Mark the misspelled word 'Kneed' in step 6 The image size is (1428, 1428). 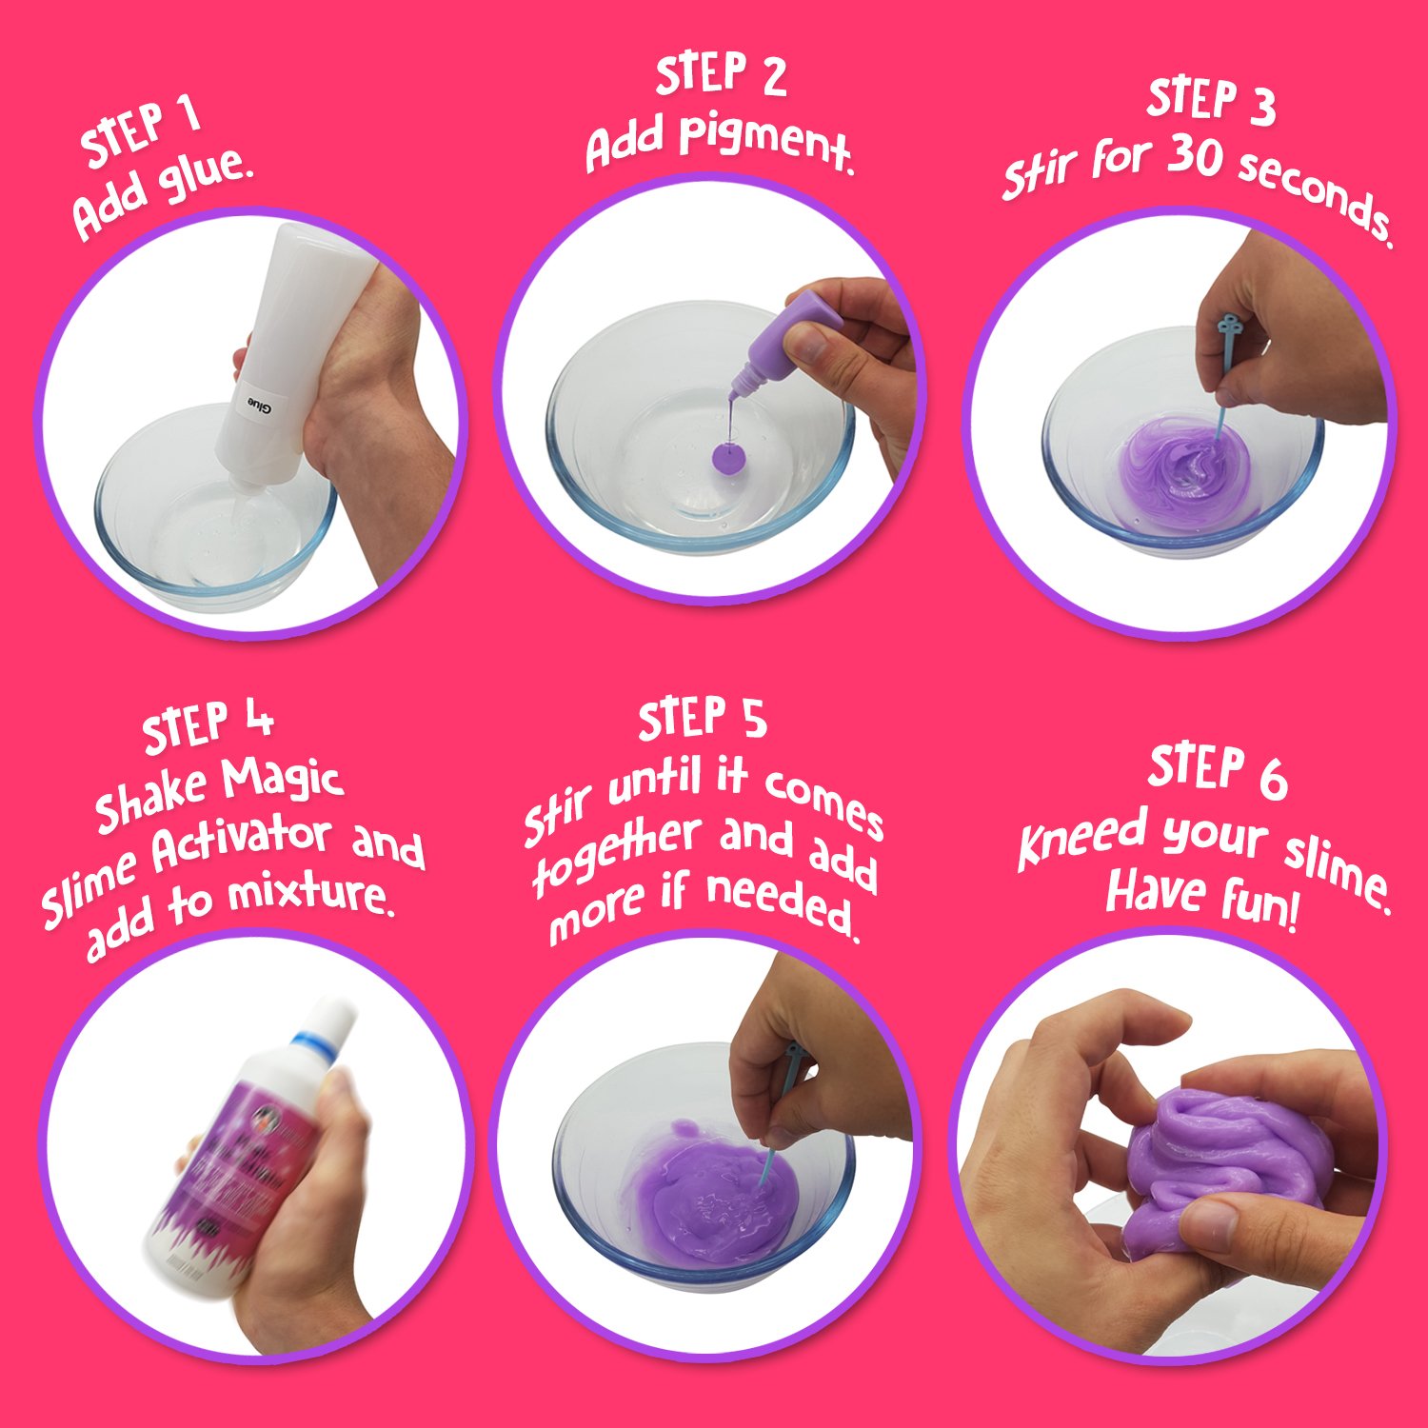pyautogui.click(x=1081, y=838)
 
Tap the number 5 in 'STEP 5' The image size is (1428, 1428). pyautogui.click(x=754, y=719)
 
